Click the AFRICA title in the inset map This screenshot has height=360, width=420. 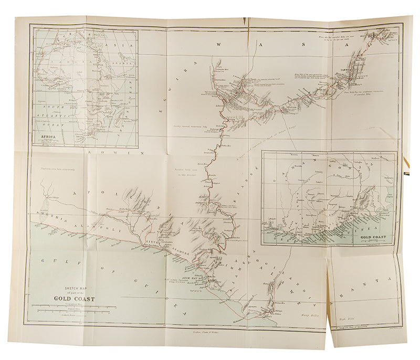point(45,140)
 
